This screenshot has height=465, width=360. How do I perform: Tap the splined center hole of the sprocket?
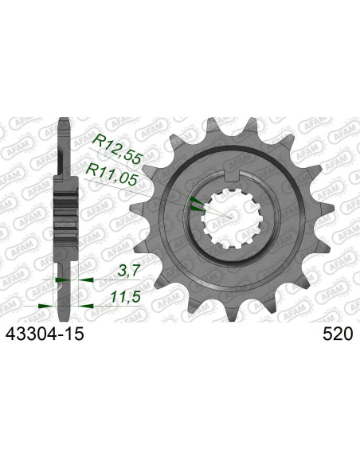pyautogui.click(x=231, y=216)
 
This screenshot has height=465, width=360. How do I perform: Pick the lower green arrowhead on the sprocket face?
pyautogui.click(x=197, y=208)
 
